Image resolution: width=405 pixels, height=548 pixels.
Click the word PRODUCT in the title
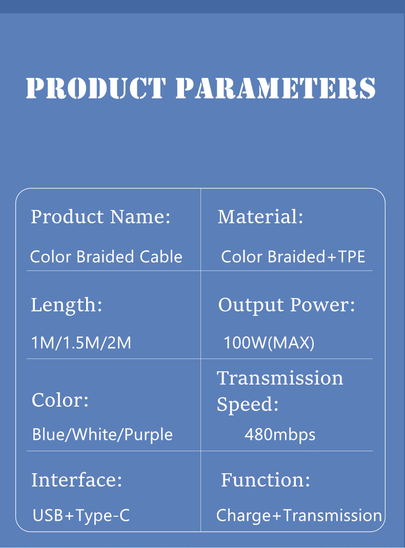[96, 88]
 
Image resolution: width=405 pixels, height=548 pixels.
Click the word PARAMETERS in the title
[275, 88]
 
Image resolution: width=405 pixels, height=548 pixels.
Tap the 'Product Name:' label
[100, 217]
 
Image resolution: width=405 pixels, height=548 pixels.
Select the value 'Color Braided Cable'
[106, 256]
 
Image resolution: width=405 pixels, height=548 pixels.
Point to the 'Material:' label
[260, 217]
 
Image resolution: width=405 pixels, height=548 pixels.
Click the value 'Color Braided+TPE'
[293, 256]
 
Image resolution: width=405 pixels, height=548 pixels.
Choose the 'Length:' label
[67, 305]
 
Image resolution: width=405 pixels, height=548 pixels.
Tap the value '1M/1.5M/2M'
[81, 343]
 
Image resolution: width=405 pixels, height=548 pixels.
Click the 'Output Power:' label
[287, 305]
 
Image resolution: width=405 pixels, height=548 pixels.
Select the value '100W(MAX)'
[269, 343]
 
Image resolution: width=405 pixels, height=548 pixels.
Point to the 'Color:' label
[60, 399]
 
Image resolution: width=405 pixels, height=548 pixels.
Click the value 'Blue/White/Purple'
[102, 435]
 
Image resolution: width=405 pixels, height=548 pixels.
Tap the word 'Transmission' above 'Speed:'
[280, 378]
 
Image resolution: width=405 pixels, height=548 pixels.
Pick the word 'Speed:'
[248, 405]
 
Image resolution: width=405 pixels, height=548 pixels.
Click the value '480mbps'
[280, 435]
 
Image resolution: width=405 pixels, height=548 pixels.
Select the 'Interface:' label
[77, 480]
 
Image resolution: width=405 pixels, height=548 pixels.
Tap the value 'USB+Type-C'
[81, 515]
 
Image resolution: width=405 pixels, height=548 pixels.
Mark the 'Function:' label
[266, 480]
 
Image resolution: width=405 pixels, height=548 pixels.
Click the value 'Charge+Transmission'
[299, 515]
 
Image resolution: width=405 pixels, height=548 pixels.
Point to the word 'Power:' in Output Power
[322, 305]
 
